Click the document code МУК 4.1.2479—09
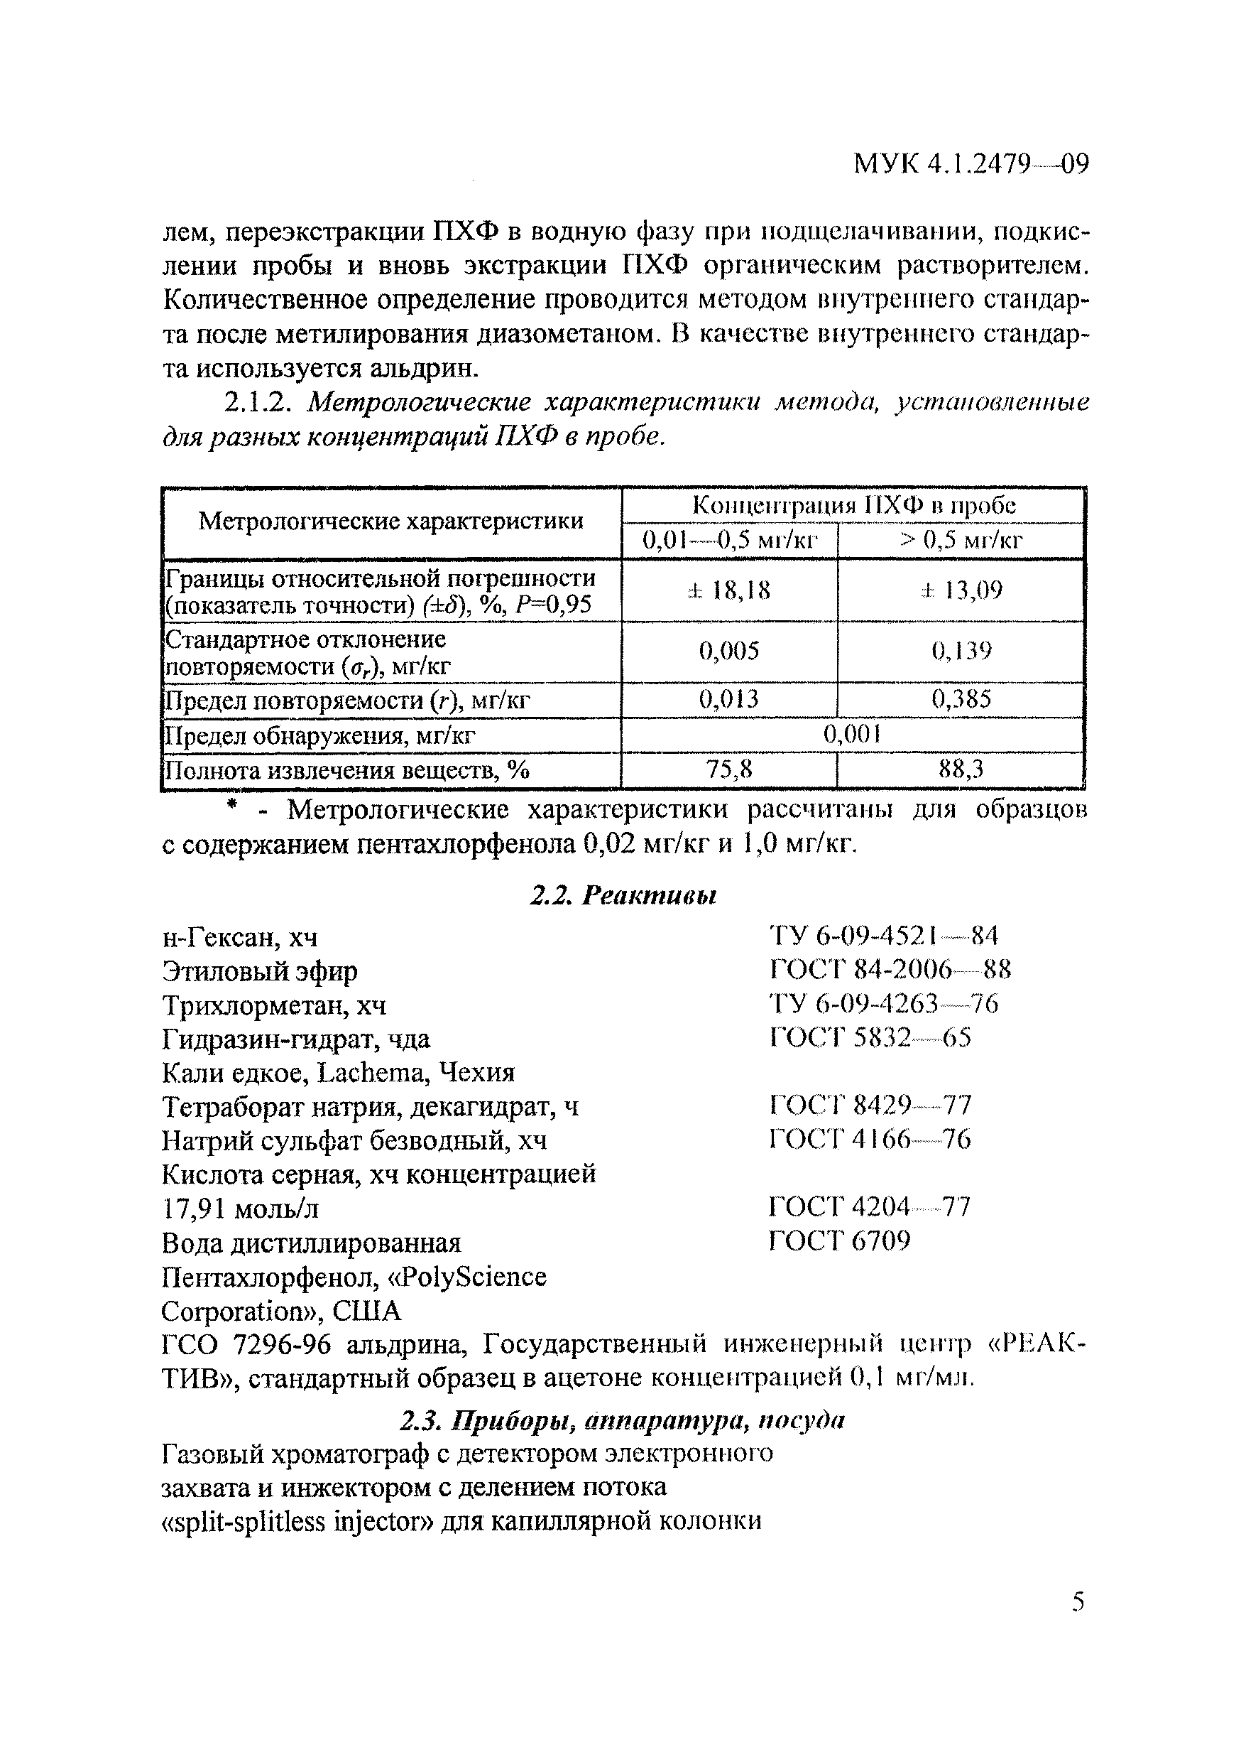(x=971, y=164)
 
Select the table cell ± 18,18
(x=728, y=590)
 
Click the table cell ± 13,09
(x=961, y=590)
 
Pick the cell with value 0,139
(x=961, y=651)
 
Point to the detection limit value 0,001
(x=851, y=735)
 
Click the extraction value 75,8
(x=728, y=769)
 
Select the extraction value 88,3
(x=961, y=769)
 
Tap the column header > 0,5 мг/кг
(x=961, y=540)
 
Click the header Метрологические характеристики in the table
(x=390, y=521)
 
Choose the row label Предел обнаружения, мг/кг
(x=321, y=736)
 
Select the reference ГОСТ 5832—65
(x=870, y=1038)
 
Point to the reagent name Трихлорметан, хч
(x=274, y=1005)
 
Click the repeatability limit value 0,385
(x=961, y=699)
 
